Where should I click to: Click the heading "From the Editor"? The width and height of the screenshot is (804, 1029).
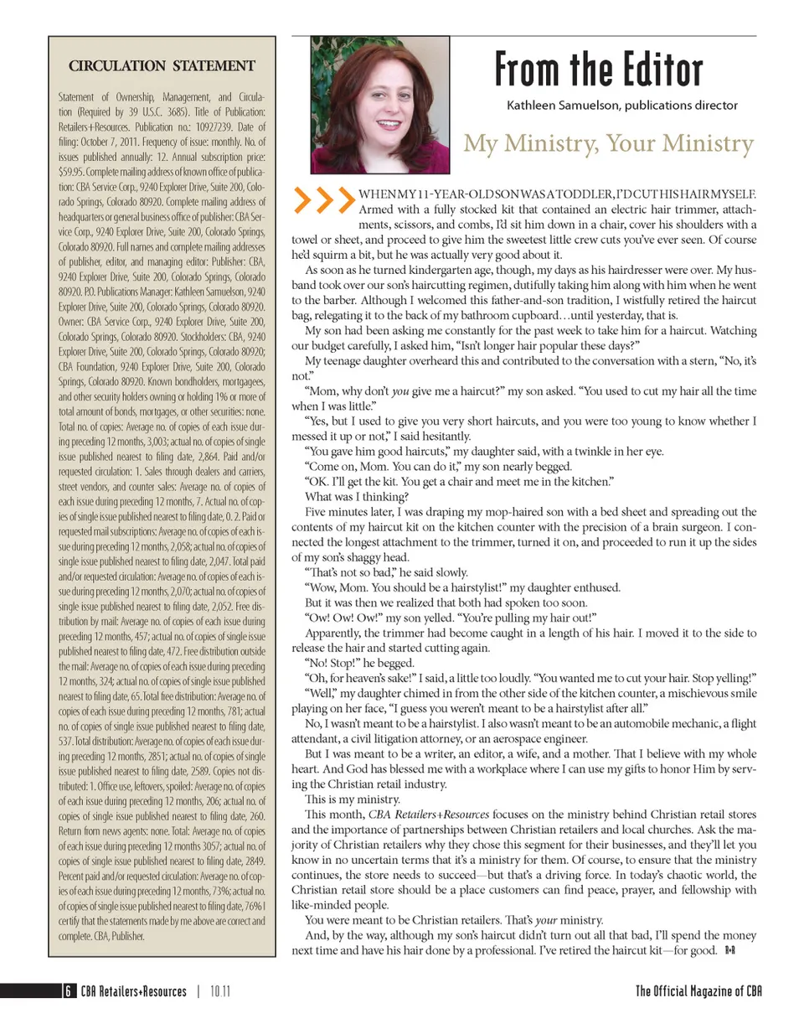pos(598,70)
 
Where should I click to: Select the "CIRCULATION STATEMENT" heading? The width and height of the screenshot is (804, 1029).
pos(162,65)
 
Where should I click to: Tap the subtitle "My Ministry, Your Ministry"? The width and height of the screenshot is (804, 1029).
pos(609,143)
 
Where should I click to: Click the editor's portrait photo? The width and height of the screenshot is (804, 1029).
pos(379,104)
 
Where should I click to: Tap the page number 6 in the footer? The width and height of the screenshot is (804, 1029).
pos(66,992)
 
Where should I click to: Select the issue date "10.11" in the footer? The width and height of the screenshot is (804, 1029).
pos(220,992)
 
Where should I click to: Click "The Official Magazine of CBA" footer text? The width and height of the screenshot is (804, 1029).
pos(698,992)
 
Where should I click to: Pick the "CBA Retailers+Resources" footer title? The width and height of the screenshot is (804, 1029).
pos(134,992)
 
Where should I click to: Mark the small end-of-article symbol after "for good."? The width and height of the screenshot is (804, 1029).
pos(729,950)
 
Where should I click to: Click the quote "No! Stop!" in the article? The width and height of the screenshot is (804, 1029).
pos(333,661)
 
